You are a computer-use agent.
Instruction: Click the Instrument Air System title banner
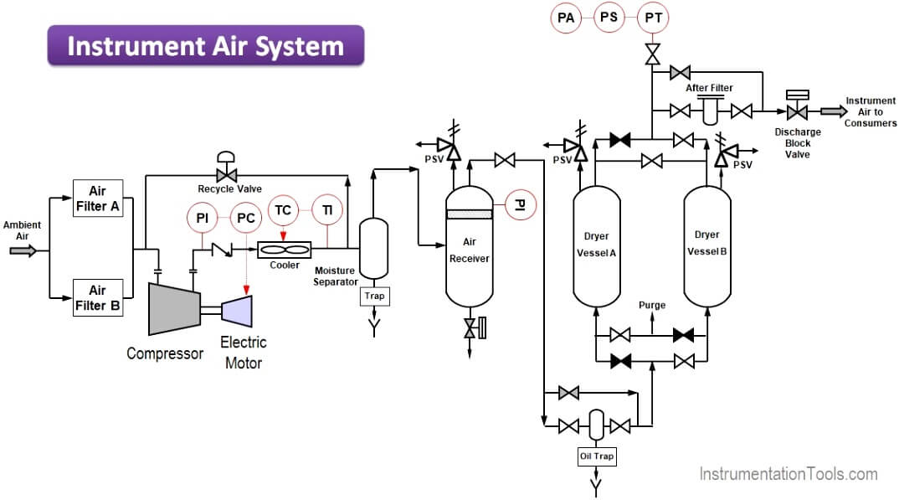click(x=206, y=45)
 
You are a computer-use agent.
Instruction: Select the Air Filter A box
click(x=98, y=198)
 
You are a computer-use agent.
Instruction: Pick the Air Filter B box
click(x=98, y=297)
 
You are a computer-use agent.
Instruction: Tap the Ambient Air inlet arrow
click(x=23, y=250)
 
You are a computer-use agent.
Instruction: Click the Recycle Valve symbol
click(x=224, y=175)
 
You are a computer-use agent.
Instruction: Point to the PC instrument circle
click(x=246, y=218)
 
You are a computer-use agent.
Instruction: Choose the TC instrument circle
click(x=283, y=210)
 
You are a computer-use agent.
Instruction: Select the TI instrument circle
click(x=327, y=210)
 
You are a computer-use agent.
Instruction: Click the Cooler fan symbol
click(x=284, y=250)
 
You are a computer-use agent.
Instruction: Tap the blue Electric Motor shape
click(x=237, y=311)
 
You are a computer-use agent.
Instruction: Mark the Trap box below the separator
click(x=374, y=296)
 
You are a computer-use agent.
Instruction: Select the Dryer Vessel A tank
click(x=596, y=245)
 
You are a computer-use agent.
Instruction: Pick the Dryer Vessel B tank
click(x=707, y=245)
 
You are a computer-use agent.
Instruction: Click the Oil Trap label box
click(x=596, y=456)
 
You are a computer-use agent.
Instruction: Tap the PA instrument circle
click(x=567, y=17)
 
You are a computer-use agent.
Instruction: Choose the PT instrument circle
click(x=652, y=17)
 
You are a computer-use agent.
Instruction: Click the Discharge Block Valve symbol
click(x=798, y=111)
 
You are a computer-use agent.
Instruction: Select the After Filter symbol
click(x=710, y=111)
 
